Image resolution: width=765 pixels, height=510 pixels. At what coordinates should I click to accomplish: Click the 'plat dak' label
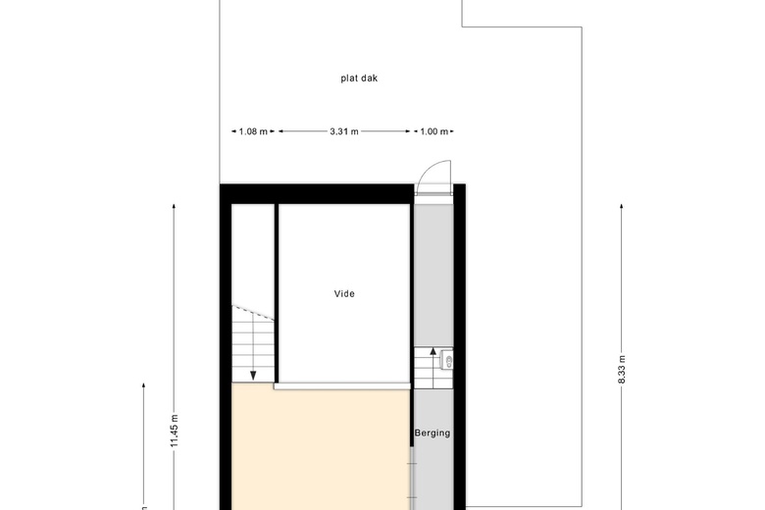tap(359, 78)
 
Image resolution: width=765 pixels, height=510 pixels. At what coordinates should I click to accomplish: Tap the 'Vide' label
tap(344, 294)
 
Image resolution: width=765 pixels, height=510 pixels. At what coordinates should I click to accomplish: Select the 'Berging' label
tap(433, 433)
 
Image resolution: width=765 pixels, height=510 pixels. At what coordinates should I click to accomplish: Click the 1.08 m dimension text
tap(253, 131)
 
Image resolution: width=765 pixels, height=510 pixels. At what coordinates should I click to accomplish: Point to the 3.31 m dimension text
tap(344, 131)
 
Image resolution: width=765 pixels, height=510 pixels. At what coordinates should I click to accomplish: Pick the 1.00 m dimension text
tap(434, 131)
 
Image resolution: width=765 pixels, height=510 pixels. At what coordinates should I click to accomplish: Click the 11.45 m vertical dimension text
tap(175, 431)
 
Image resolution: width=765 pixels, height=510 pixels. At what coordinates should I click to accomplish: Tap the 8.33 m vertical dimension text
tap(622, 370)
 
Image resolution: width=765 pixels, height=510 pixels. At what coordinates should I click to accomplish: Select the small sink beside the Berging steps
tap(447, 360)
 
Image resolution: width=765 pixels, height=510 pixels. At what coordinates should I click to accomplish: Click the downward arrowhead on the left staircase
tap(253, 376)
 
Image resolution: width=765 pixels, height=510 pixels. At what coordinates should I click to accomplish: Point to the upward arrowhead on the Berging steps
tap(433, 350)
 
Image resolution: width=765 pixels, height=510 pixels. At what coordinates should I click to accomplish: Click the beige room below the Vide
tap(321, 449)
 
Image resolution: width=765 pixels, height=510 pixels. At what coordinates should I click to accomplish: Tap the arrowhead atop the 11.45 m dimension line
tap(175, 206)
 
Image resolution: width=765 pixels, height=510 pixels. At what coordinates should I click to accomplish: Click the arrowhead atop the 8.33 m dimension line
tap(621, 206)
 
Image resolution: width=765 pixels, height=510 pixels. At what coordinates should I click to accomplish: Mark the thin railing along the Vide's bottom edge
tap(342, 386)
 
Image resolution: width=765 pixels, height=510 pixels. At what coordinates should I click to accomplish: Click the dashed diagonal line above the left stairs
tap(253, 313)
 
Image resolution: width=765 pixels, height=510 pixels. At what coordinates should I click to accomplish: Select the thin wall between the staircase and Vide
tap(277, 293)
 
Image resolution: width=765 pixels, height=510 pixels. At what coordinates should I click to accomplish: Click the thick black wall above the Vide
tap(317, 194)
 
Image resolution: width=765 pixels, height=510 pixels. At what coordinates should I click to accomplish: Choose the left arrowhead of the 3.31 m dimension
tap(280, 131)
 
